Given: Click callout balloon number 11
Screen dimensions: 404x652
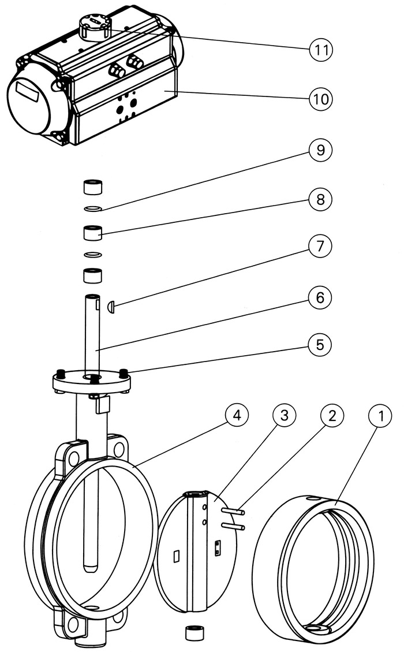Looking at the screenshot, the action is (x=321, y=50).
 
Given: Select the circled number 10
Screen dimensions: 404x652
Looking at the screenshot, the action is (x=321, y=99).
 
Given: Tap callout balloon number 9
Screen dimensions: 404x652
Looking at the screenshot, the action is (x=320, y=150).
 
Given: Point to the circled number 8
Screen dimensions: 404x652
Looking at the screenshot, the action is (x=320, y=199).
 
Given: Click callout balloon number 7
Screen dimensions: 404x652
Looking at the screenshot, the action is (x=320, y=246).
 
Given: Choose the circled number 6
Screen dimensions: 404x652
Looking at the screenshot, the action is (x=320, y=297).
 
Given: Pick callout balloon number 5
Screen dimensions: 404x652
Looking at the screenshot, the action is (x=320, y=345).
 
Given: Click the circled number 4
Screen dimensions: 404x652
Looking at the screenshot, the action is (x=237, y=415).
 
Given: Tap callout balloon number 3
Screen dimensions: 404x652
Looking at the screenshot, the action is (x=285, y=415).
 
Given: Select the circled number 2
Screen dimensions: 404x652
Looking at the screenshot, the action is (x=332, y=415).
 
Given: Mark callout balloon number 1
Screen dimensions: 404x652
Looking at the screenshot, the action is (x=380, y=415).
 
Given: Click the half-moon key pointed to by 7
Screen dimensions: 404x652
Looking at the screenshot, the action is (x=111, y=307).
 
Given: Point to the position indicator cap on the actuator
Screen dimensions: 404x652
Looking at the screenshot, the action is (x=94, y=26).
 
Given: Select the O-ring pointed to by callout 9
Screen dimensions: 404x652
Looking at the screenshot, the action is (x=93, y=208).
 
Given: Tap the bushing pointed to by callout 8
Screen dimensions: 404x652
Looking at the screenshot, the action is (x=93, y=233).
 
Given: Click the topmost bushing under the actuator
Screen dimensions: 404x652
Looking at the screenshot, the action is (x=93, y=187).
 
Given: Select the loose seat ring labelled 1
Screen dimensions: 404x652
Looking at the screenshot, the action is (x=313, y=569).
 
